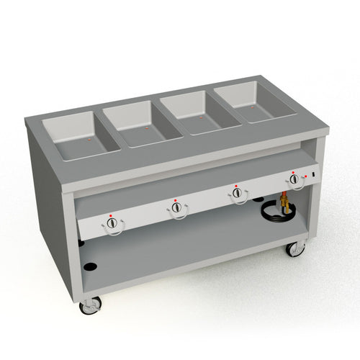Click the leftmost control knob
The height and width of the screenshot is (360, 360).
click(x=112, y=225)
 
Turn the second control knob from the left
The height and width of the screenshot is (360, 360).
click(x=176, y=207)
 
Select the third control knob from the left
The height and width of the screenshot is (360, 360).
click(x=236, y=192)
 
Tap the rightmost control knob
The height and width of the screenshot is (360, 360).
click(x=294, y=179)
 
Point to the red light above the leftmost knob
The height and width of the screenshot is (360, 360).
click(x=109, y=215)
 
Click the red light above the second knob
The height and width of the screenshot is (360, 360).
click(x=174, y=197)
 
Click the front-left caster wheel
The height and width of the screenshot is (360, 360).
click(x=91, y=305)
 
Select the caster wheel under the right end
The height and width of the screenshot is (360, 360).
click(x=294, y=249)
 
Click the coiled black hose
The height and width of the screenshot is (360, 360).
click(x=272, y=213)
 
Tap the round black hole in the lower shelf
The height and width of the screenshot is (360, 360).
click(x=90, y=267)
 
